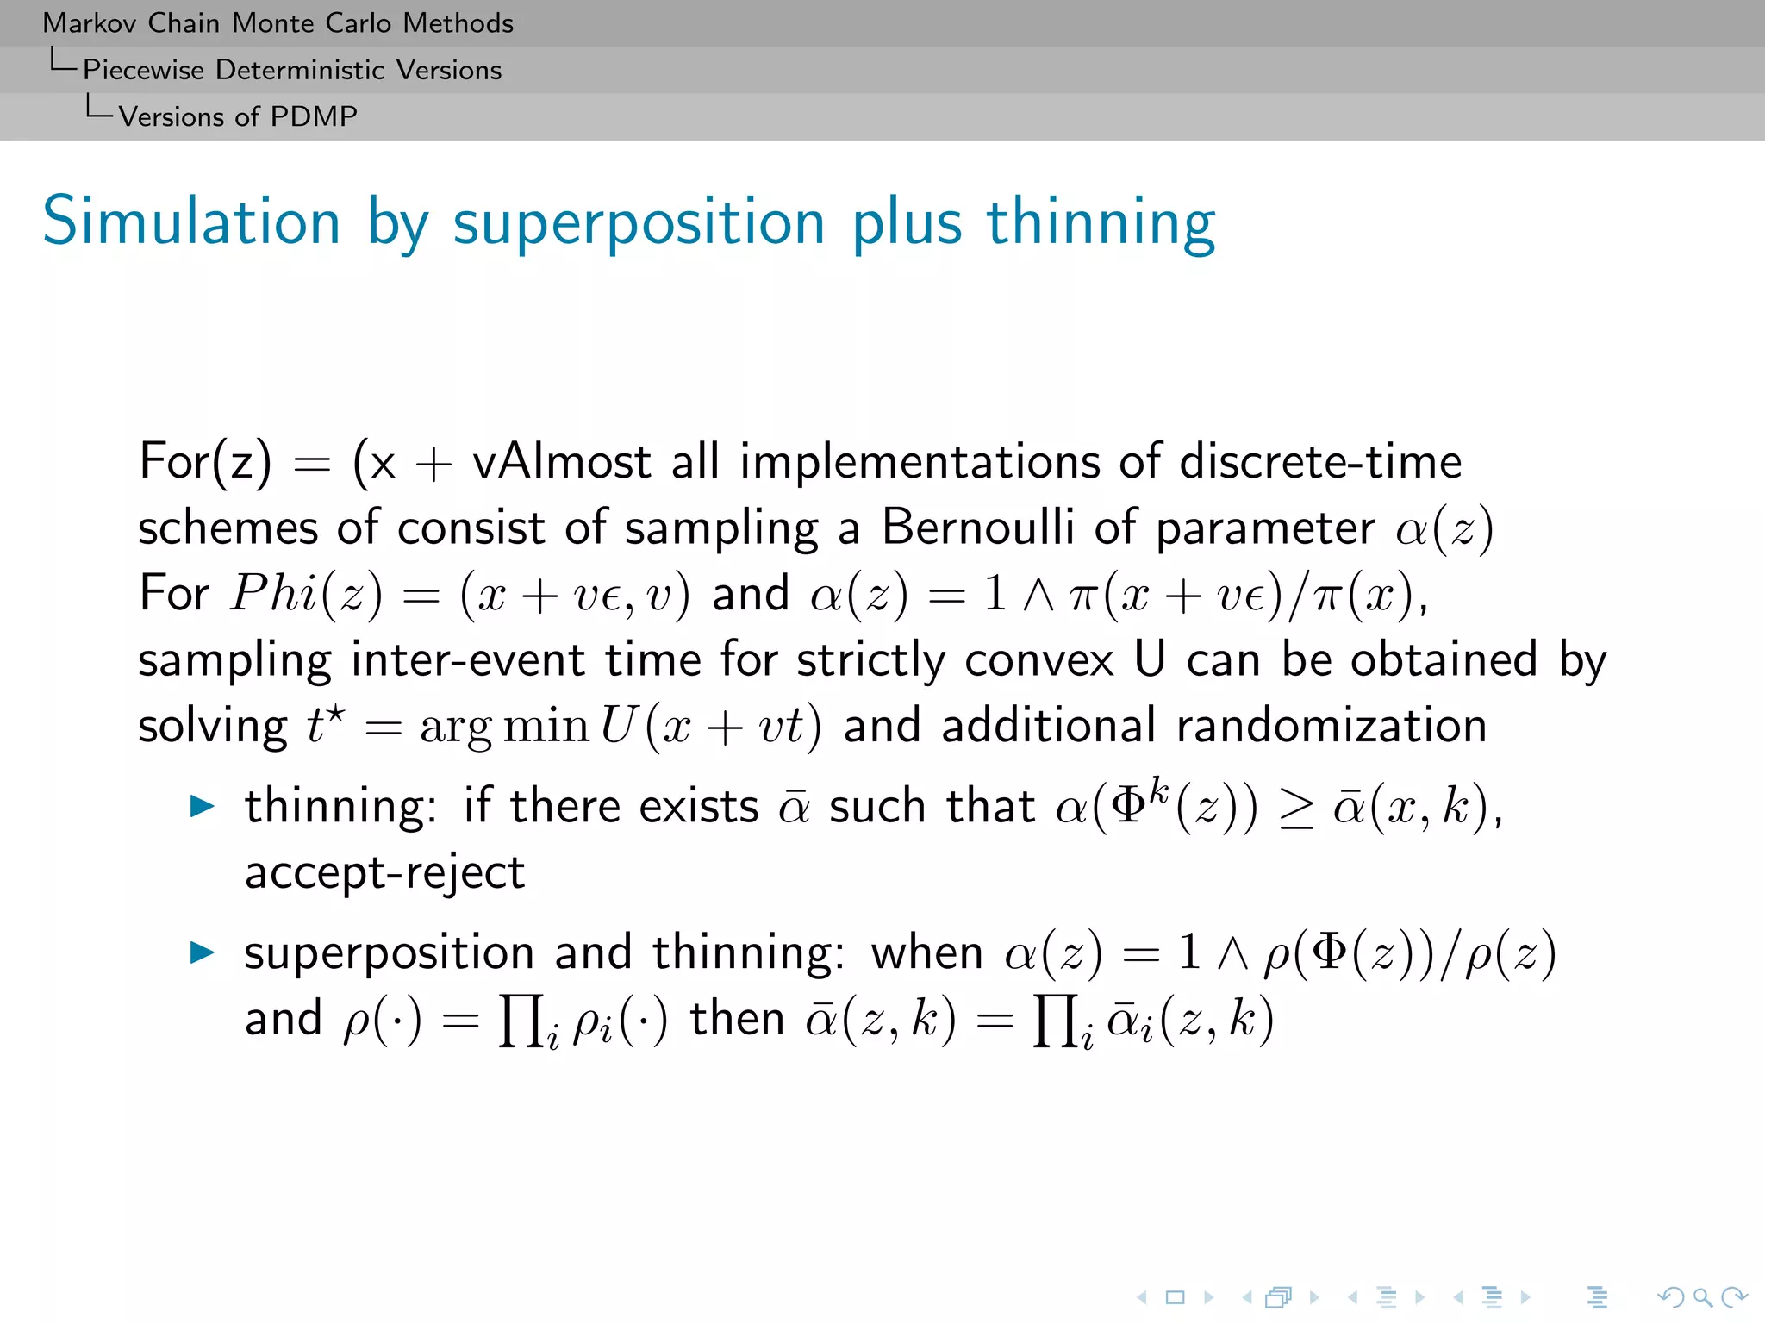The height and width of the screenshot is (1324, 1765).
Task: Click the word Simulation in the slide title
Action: point(191,222)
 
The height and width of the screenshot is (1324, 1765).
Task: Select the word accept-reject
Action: point(384,873)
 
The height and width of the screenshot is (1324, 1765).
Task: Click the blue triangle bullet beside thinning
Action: point(202,807)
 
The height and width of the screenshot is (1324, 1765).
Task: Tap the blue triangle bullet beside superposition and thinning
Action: point(202,952)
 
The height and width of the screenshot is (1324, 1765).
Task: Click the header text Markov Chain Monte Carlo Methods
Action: point(278,23)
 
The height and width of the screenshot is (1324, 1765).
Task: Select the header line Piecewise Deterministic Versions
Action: point(291,70)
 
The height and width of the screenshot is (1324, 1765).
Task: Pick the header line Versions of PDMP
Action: point(237,116)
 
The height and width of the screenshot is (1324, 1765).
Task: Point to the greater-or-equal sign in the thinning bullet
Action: point(1295,809)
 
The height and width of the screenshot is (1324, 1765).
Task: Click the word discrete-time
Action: point(1319,462)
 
